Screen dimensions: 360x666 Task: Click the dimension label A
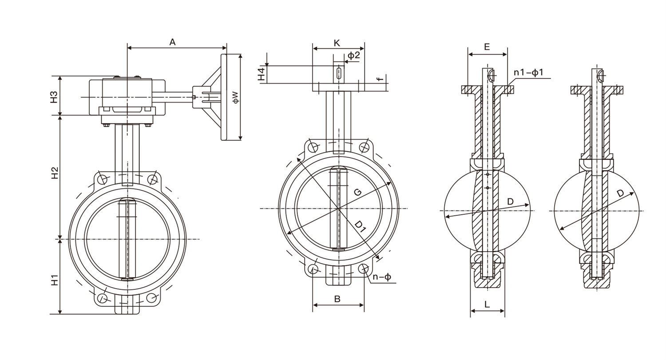[173, 42]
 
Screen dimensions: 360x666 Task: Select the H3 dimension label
[54, 97]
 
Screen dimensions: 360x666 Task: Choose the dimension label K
[337, 43]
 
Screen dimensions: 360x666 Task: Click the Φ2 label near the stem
[354, 55]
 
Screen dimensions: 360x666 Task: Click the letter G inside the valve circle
[357, 192]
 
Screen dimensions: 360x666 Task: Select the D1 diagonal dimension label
[360, 227]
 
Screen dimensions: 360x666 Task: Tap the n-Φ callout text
[382, 277]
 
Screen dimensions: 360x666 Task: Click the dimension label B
[337, 299]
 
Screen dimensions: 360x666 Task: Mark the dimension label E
[487, 47]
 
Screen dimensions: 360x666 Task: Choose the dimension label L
[487, 305]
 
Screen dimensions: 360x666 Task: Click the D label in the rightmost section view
[620, 193]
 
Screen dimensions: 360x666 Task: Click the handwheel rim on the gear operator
[224, 97]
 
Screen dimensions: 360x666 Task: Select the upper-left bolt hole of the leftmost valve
[103, 179]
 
